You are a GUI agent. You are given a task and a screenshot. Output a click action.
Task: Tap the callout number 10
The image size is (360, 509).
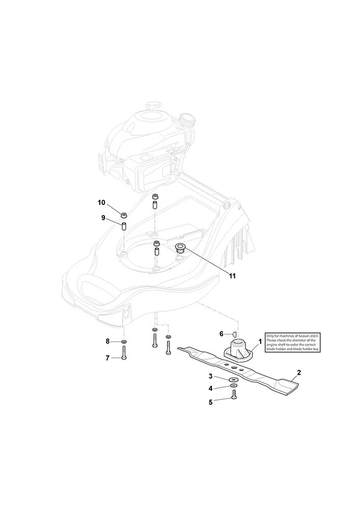coord(102,203)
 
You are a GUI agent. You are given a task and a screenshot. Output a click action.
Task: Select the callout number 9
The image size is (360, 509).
coord(103,217)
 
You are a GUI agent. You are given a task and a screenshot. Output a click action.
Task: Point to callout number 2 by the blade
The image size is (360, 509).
coord(299,373)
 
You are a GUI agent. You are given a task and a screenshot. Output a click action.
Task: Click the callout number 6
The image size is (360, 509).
coord(221,334)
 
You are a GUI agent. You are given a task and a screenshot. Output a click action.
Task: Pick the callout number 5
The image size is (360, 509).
coord(210,402)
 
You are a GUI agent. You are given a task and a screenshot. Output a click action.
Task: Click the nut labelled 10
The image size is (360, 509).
coord(124,215)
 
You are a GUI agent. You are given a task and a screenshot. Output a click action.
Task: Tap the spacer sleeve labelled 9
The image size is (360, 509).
coord(124,227)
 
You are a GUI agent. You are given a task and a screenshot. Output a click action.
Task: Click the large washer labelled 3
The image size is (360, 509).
coord(233,380)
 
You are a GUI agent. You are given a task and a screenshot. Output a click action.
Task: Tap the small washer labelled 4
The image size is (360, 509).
coord(233,385)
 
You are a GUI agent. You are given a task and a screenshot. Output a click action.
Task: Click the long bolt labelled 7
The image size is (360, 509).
coord(124,353)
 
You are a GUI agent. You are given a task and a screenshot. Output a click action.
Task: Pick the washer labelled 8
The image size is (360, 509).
coord(124,342)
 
